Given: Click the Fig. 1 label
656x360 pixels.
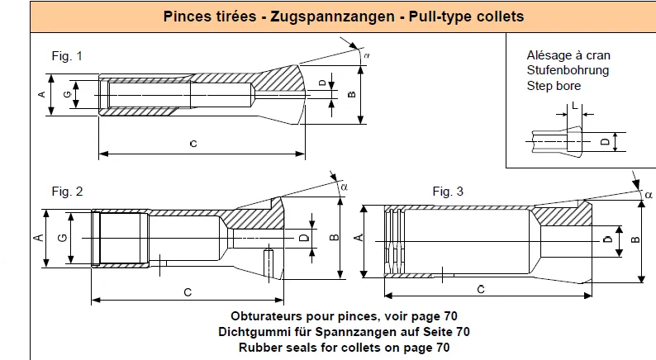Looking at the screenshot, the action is [x=67, y=56].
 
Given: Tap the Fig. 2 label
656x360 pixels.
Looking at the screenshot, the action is [x=68, y=192].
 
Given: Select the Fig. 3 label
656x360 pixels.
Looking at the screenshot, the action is [x=448, y=192].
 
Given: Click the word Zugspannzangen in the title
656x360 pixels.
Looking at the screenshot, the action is [x=332, y=17].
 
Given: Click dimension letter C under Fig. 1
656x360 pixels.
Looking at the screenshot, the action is [x=193, y=144].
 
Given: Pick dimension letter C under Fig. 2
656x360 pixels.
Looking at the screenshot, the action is [x=188, y=292].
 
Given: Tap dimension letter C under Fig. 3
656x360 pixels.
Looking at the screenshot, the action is [x=481, y=289].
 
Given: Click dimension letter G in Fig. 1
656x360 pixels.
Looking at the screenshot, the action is [x=68, y=94].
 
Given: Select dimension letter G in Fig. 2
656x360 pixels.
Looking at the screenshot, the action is [x=62, y=238].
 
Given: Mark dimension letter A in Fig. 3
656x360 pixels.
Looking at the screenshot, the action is [x=359, y=238].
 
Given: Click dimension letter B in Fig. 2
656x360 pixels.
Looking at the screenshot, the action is [x=335, y=238].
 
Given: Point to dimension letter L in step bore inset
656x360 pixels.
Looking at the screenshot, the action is [x=574, y=106].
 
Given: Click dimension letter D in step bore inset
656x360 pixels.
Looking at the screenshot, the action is [x=606, y=142].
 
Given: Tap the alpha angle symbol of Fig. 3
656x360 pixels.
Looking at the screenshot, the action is [x=649, y=194].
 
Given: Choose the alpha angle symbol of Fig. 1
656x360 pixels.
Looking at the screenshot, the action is [x=367, y=55].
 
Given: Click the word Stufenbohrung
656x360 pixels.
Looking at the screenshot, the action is [x=568, y=70].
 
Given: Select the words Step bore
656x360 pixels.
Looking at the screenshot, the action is [x=554, y=86].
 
